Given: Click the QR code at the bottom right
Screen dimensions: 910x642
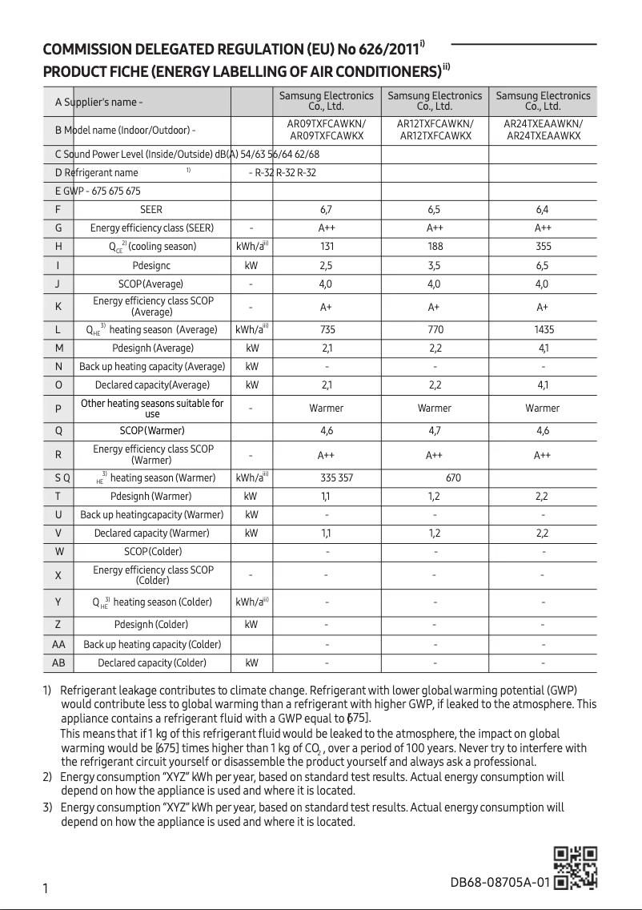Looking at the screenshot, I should point(576,868).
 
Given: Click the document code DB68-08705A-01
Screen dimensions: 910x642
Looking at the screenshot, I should point(500,883).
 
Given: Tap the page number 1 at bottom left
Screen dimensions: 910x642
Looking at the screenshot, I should point(46,888).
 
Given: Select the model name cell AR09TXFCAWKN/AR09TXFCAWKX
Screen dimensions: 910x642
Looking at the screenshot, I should point(326,130).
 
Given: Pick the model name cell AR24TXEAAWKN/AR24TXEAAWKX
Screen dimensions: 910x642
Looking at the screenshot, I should point(542,130).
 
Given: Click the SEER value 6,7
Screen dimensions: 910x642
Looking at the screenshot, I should point(326,210).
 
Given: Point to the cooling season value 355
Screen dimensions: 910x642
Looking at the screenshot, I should point(542,247).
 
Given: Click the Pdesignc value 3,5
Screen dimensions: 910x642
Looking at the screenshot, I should point(434,265).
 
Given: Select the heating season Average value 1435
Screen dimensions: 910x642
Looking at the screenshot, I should point(542,330).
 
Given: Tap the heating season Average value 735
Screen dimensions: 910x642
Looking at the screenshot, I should point(326,330).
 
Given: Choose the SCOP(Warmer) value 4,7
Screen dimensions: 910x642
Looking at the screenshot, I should point(434,431).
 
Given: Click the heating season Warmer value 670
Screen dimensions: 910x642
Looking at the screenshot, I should point(453,478).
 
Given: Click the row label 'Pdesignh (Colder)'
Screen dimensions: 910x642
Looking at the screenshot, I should point(151,625).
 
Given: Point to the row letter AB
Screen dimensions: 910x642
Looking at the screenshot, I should point(58,663).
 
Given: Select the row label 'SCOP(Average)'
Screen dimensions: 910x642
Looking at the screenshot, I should point(151,284).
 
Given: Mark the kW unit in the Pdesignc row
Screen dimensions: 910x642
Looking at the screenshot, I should point(251,265).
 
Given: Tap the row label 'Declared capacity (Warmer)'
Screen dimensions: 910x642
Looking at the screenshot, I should point(151,534).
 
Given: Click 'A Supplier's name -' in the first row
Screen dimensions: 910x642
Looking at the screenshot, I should point(99,103).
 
